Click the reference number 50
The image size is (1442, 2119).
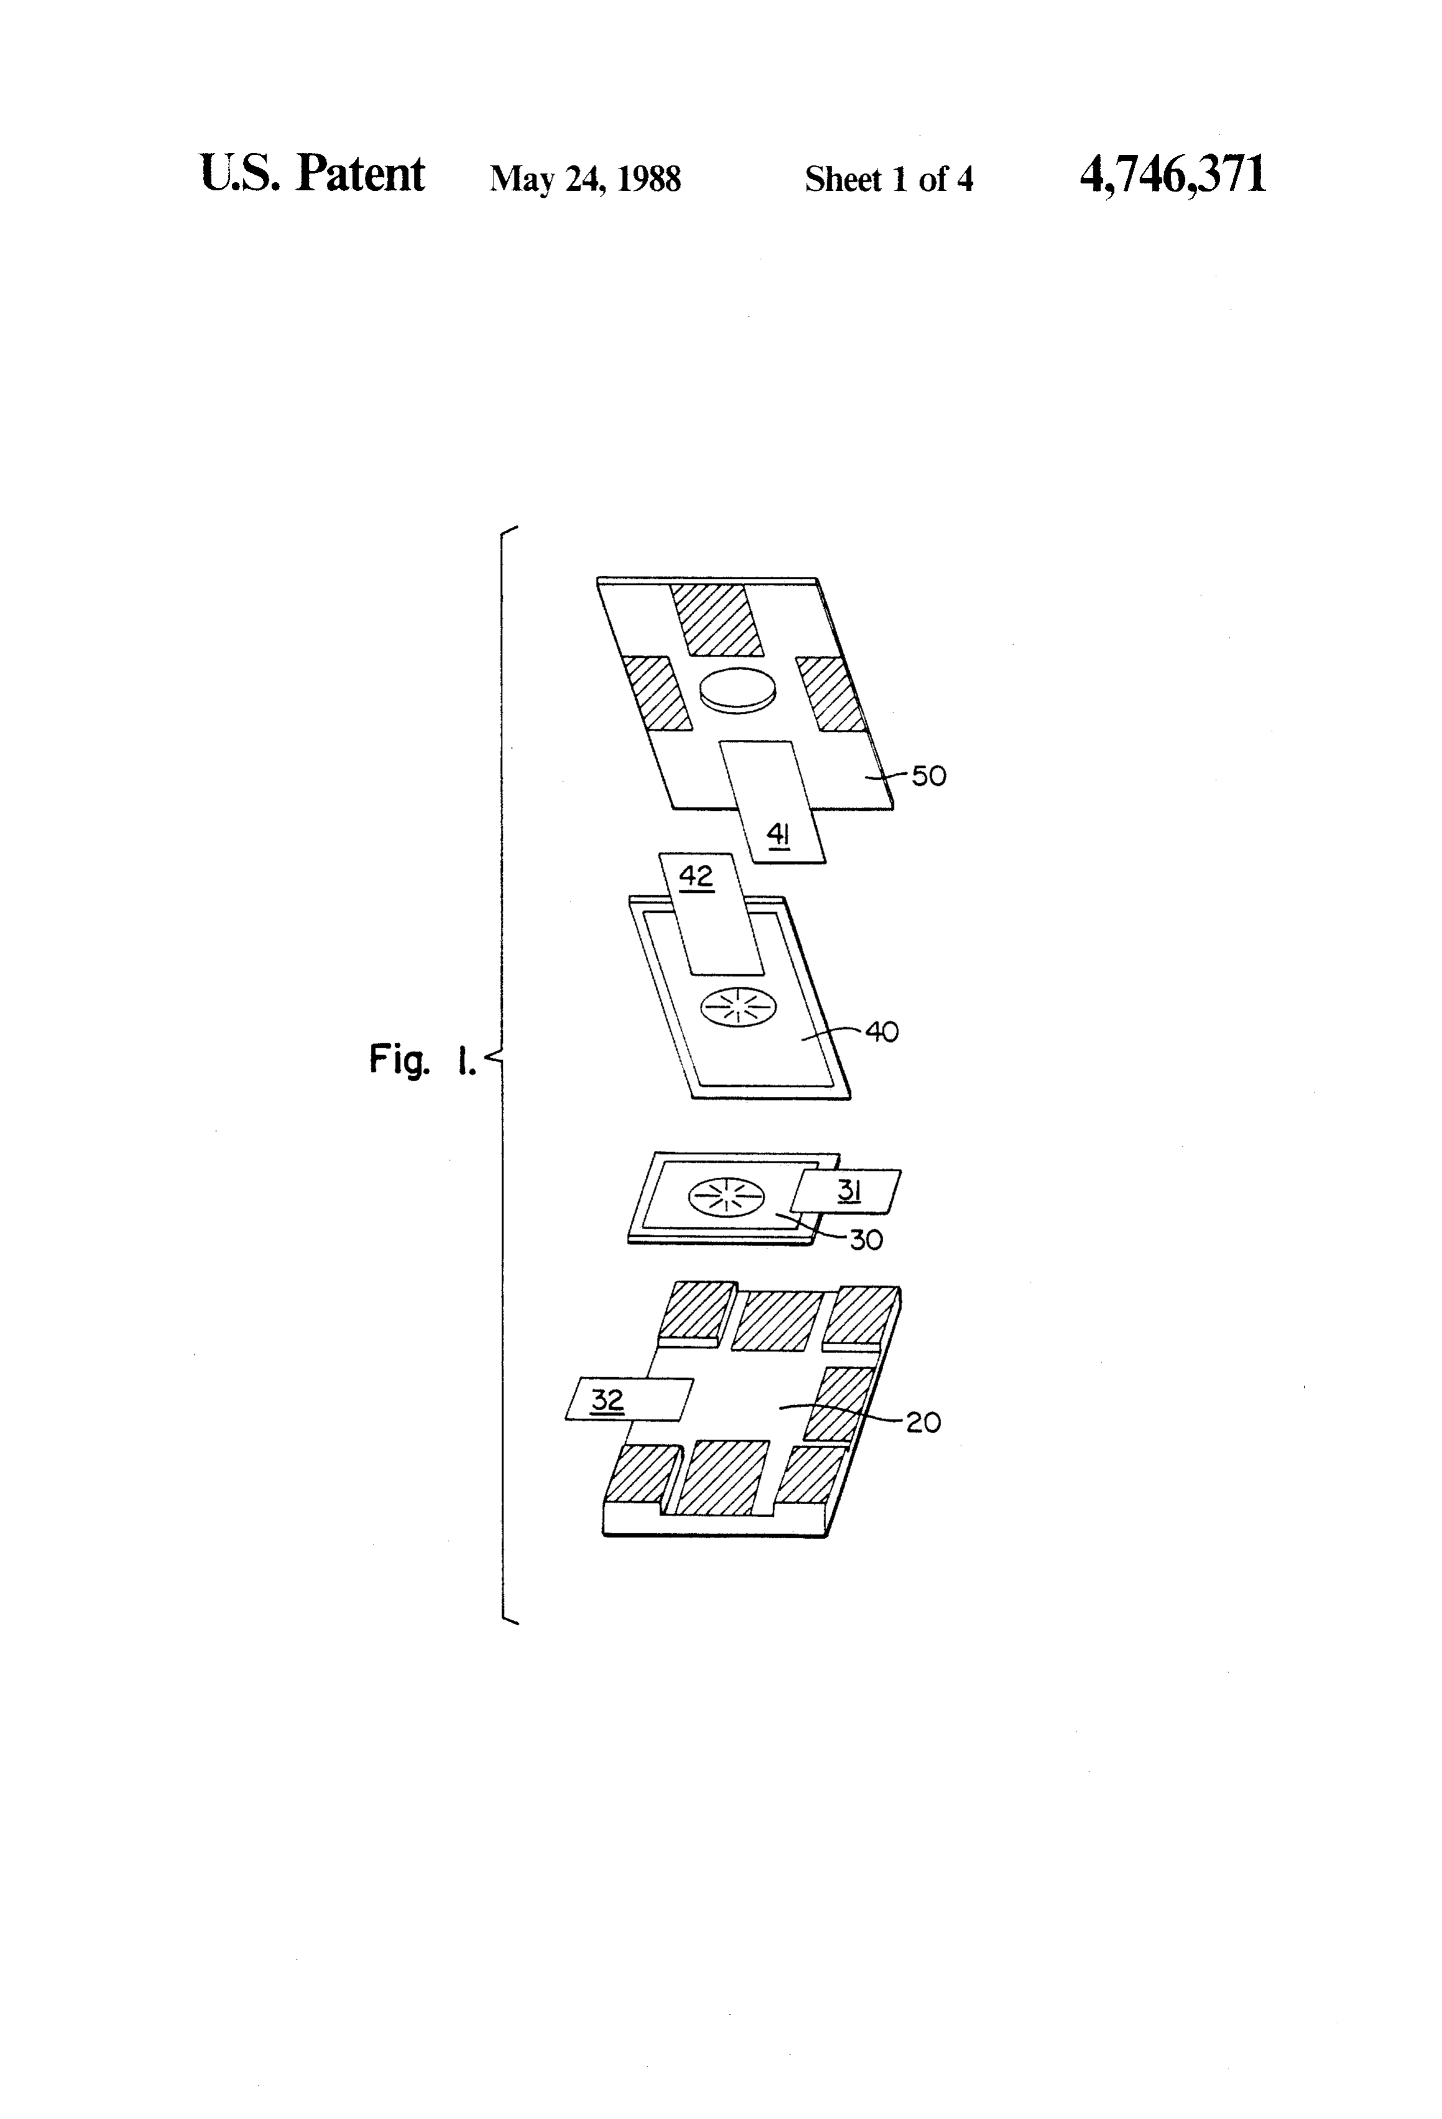929,776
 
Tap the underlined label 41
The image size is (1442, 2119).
778,834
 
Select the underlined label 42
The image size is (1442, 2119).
696,877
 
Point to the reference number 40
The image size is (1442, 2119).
881,1032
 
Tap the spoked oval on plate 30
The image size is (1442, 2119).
725,1197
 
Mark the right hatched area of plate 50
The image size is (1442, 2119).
830,694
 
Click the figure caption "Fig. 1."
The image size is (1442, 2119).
423,1059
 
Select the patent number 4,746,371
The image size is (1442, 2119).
1173,174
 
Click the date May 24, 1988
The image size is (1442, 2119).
585,178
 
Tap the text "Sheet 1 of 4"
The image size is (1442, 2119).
889,178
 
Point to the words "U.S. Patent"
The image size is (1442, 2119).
312,173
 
